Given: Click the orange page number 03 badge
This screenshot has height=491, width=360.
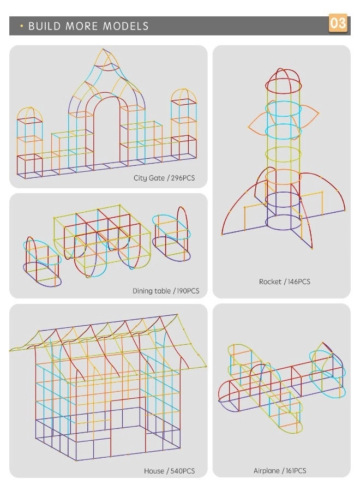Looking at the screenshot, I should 338,23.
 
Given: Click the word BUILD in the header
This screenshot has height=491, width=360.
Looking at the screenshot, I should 44,26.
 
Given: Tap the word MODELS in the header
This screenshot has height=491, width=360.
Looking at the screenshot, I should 126,26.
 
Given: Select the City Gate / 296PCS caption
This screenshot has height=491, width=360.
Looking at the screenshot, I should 164,178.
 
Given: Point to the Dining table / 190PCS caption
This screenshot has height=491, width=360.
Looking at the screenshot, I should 166,291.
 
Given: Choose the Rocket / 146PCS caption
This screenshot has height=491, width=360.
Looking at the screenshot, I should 284,282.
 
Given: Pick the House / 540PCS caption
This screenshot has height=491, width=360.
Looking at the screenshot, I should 169,471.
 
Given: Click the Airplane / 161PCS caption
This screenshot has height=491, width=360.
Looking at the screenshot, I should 280,470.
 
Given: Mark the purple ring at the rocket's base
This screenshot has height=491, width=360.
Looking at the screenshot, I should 283,222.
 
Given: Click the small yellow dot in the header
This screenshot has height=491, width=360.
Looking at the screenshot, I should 21,26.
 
